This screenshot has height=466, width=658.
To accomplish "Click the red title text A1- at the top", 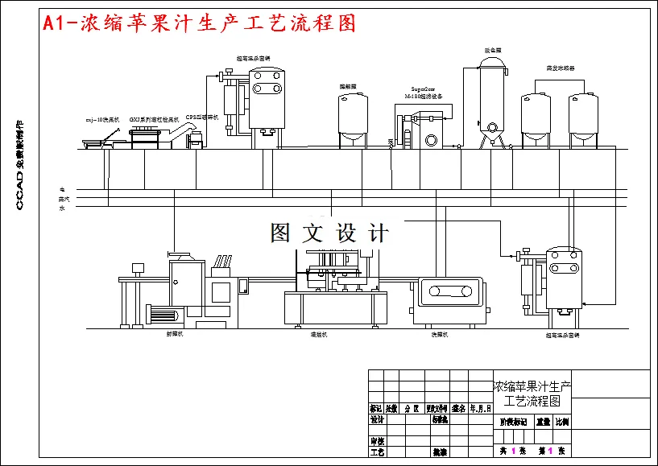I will [x=60, y=23].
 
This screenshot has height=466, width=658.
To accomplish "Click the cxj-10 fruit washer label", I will [x=102, y=119].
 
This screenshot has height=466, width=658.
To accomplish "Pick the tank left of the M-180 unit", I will [x=352, y=117].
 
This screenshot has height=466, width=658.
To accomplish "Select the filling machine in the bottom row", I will [x=334, y=290].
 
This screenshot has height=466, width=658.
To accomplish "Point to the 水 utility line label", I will [x=61, y=208].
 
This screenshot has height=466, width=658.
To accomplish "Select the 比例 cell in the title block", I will [x=561, y=421].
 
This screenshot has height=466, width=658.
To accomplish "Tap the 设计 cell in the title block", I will [x=376, y=419].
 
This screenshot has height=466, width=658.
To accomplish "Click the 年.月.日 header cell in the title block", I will [x=480, y=408].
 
